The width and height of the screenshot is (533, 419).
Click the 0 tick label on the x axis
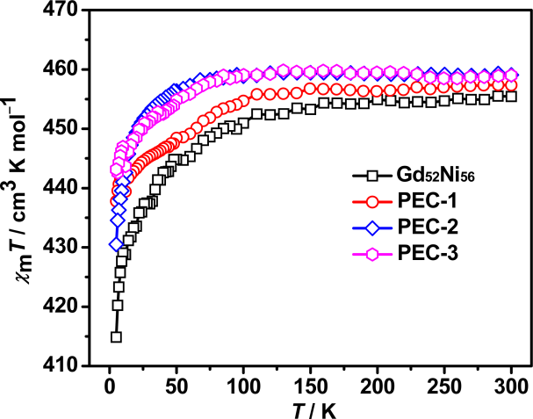click(x=108, y=386)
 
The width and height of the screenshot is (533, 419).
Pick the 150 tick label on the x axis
click(x=310, y=386)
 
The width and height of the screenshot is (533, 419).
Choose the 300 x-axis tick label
click(x=511, y=386)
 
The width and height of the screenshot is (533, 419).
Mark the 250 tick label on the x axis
click(x=444, y=386)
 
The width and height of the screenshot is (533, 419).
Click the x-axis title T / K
click(x=309, y=408)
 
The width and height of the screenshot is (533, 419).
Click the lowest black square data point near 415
click(x=115, y=336)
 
